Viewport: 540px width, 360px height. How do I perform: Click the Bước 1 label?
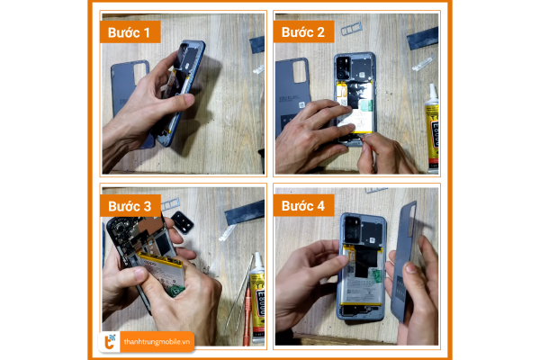click(x=130, y=32)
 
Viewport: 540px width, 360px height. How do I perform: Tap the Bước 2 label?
click(x=303, y=31)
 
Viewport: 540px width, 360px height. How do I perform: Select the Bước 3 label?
click(x=130, y=206)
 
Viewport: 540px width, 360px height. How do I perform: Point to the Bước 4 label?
click(x=303, y=206)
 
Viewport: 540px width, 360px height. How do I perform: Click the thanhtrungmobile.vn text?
click(x=157, y=342)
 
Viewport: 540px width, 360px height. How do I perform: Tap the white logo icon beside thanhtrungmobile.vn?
click(x=110, y=342)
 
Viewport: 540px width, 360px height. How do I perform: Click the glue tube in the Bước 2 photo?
click(x=432, y=128)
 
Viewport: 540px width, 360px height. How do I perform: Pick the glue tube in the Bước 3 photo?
click(x=257, y=297)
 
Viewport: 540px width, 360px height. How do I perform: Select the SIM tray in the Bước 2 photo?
click(x=351, y=29)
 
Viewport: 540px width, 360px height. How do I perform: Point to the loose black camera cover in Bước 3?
click(x=182, y=222)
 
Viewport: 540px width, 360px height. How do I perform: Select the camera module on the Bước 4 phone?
click(x=352, y=229)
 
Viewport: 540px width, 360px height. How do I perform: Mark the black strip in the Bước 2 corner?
click(x=423, y=38)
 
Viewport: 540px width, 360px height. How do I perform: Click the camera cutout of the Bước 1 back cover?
click(x=140, y=74)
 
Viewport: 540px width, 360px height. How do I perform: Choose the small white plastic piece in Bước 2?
click(x=423, y=63)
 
